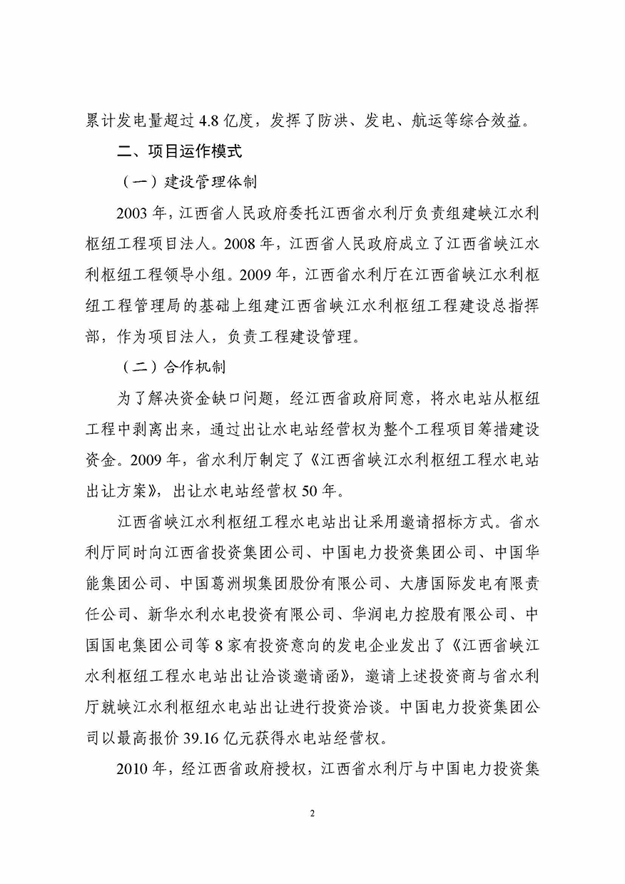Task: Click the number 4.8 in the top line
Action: [215, 121]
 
